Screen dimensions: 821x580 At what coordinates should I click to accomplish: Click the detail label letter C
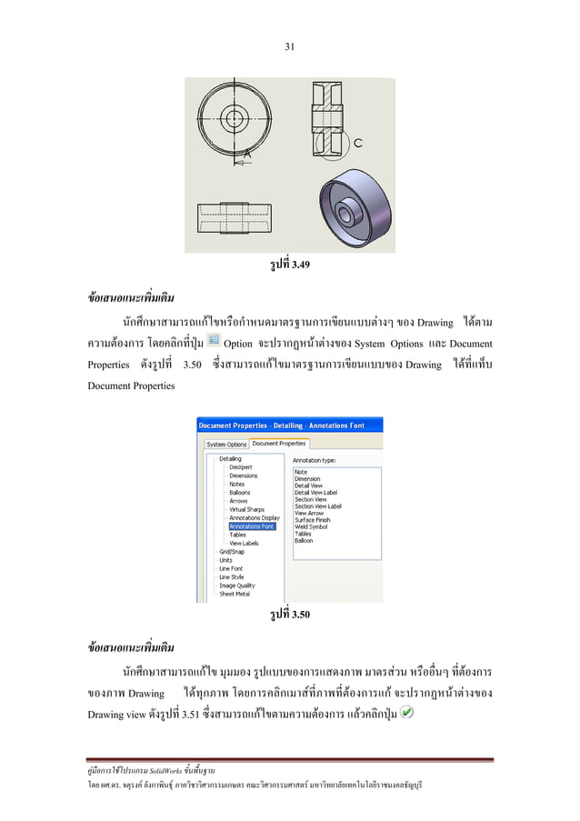tap(359, 143)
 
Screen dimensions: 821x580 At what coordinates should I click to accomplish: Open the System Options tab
tap(225, 445)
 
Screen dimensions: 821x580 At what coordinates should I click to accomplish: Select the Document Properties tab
tap(278, 444)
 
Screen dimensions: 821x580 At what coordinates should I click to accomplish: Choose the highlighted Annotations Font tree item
tap(251, 526)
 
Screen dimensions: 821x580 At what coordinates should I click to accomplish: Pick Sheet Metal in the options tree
tap(235, 594)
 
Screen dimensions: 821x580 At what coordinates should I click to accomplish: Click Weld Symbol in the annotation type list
tap(312, 526)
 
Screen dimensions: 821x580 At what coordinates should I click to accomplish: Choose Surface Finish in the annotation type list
tap(313, 519)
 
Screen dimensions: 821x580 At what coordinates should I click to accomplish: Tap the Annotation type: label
tap(315, 460)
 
